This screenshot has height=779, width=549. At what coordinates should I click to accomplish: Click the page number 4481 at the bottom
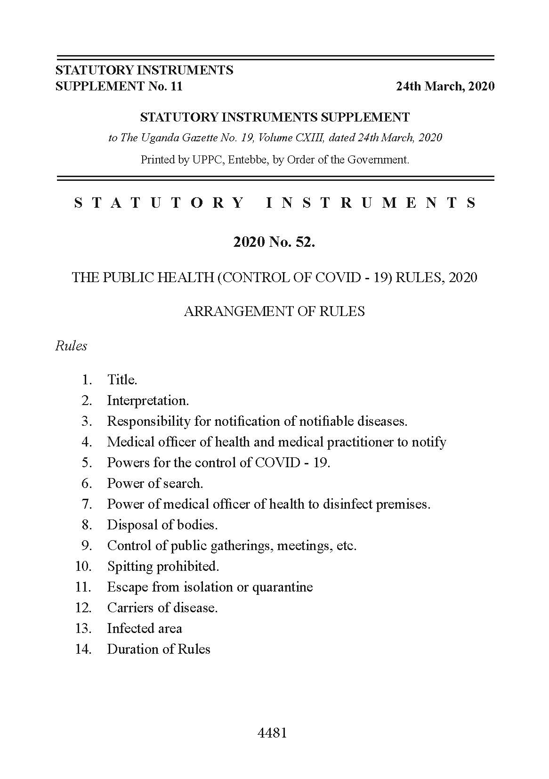[273, 733]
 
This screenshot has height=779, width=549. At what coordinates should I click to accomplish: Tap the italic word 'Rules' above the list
[71, 346]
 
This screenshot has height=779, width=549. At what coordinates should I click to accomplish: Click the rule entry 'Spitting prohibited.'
[163, 566]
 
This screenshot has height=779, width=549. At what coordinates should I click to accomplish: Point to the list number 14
[83, 649]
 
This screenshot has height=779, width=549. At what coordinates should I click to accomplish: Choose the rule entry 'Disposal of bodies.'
[162, 525]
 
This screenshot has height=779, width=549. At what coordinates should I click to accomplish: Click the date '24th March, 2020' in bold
[445, 86]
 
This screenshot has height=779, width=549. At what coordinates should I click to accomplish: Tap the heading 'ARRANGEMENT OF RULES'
[274, 311]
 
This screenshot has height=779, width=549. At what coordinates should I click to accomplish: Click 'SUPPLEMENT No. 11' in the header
[119, 86]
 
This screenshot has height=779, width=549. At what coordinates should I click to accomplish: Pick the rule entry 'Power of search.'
[155, 483]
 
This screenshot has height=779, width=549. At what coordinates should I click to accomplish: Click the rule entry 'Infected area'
[145, 628]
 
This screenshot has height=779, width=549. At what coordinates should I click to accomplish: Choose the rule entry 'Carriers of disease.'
[162, 608]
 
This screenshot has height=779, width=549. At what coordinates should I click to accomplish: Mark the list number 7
[87, 504]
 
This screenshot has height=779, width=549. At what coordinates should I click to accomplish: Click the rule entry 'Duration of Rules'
[159, 649]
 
